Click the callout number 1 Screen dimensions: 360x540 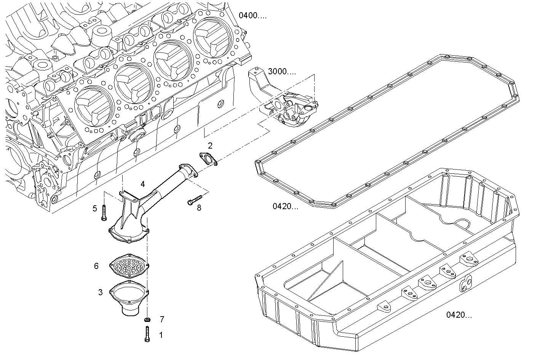pos(161,335)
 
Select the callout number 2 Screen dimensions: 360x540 pos(210,146)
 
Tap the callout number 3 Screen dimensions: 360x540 pos(100,293)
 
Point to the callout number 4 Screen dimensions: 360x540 pos(142,184)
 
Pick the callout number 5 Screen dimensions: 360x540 pos(95,208)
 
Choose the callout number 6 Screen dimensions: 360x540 pos(96,266)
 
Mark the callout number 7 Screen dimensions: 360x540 pos(162,318)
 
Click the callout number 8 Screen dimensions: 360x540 pos(199,208)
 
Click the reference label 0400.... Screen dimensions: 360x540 pos(252,16)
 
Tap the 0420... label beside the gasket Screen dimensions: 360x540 pos(285,206)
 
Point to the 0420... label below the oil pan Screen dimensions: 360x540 pos(459,315)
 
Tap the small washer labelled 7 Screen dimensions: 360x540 pos(147,318)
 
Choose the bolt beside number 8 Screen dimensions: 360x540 pos(194,200)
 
